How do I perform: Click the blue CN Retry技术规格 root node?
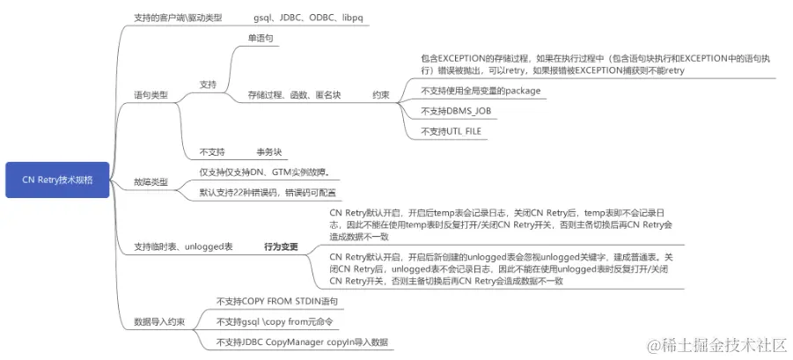[x=57, y=180]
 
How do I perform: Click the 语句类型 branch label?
[x=151, y=94]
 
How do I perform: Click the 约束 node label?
[x=381, y=94]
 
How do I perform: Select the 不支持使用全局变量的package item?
[x=480, y=91]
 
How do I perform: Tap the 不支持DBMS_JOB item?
[x=456, y=112]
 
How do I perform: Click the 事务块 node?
[x=269, y=151]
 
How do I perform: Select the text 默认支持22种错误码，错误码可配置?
[x=268, y=192]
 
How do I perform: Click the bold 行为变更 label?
[x=281, y=247]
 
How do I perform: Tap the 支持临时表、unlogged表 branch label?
[x=183, y=247]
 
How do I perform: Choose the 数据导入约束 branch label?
[x=159, y=321]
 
